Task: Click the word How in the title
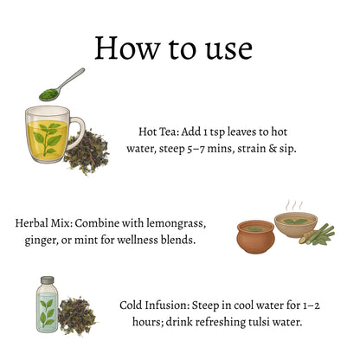(x=127, y=48)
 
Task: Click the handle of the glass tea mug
(x=78, y=132)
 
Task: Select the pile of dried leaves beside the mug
(x=87, y=152)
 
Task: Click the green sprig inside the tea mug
(x=48, y=138)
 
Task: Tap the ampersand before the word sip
(x=273, y=149)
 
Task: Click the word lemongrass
(x=176, y=224)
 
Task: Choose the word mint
(x=86, y=240)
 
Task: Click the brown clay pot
(x=255, y=236)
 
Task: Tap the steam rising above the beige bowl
(x=293, y=205)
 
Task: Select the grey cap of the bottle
(x=48, y=280)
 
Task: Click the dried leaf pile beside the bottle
(x=77, y=315)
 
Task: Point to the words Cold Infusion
(x=154, y=305)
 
